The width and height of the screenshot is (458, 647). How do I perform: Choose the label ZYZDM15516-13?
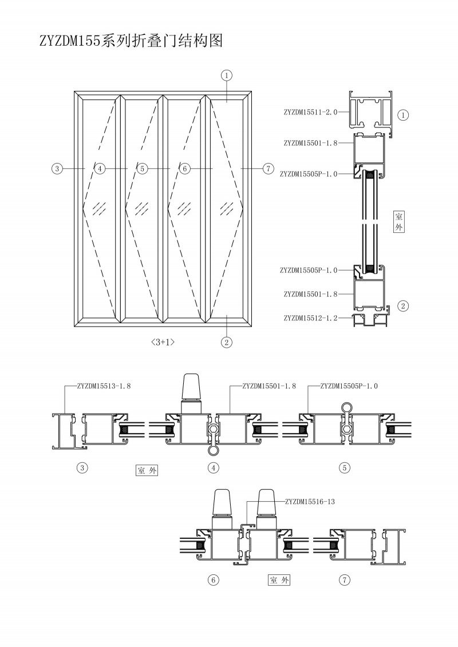(309, 501)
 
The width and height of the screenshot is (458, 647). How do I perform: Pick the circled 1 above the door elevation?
(227, 75)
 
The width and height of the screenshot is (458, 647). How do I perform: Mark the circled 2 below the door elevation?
(227, 343)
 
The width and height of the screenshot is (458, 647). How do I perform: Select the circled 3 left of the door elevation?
(56, 168)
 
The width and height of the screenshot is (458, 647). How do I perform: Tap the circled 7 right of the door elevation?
(267, 168)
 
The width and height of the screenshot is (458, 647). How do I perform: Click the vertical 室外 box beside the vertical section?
(399, 221)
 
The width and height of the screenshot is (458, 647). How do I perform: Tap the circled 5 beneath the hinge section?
(345, 467)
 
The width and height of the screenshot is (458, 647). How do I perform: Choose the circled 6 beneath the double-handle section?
(213, 580)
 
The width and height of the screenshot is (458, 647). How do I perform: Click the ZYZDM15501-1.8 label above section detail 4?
(269, 386)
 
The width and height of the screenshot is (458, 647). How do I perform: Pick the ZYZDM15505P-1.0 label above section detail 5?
(349, 386)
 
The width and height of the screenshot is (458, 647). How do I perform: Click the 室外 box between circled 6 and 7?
(279, 580)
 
